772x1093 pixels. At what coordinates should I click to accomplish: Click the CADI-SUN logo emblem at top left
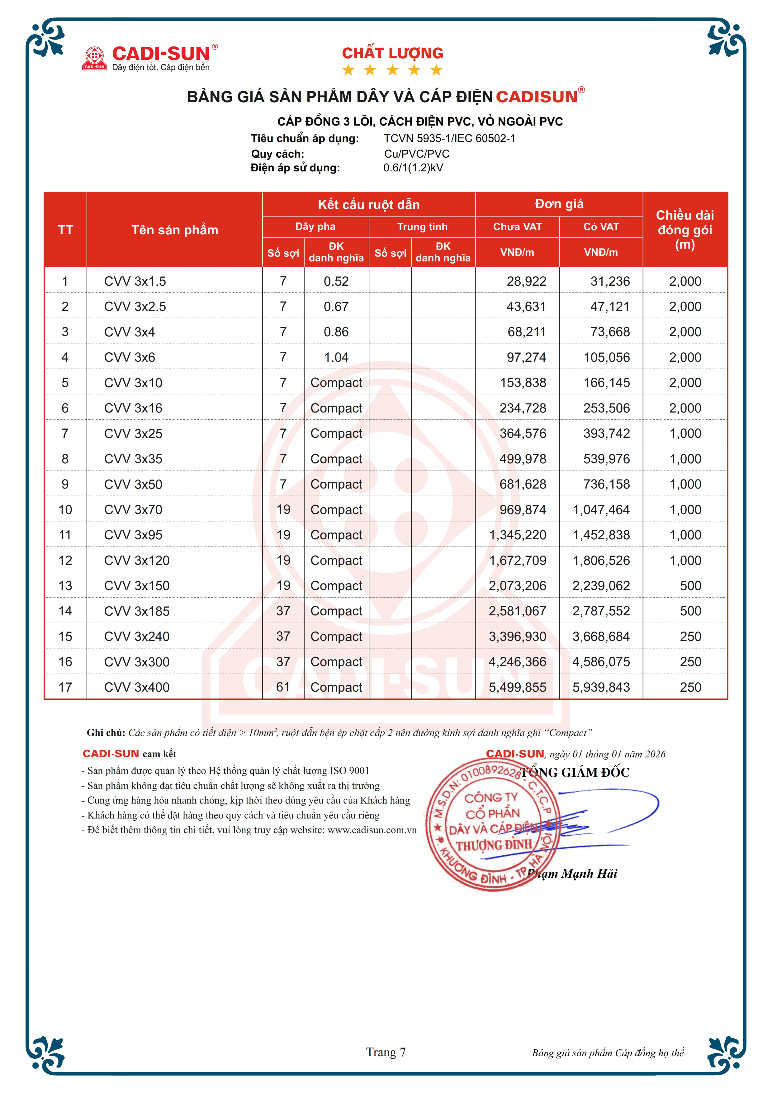94,58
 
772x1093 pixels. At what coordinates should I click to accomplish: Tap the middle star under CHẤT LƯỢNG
392,70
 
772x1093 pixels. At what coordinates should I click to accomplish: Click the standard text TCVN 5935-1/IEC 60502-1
449,139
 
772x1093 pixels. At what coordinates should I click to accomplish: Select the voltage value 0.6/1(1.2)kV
413,168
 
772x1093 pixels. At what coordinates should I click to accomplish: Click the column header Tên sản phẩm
175,230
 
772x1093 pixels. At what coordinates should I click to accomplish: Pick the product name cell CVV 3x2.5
135,307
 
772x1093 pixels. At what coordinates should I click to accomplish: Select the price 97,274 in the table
526,357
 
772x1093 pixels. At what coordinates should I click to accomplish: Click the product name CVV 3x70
133,509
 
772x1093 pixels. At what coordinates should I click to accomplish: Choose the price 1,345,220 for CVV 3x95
518,535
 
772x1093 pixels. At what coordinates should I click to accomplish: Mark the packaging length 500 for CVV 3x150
690,585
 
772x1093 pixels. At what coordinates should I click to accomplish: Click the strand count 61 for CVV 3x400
283,687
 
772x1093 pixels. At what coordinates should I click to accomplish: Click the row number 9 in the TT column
65,484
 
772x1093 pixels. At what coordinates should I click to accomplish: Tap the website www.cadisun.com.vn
372,830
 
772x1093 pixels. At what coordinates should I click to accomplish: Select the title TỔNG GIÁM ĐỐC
575,772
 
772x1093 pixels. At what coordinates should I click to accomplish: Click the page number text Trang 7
386,1052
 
